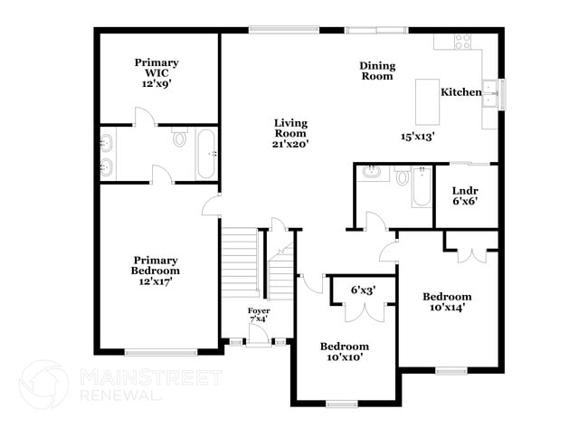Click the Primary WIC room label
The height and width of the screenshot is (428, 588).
point(156,72)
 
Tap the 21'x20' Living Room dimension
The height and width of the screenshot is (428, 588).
point(290,144)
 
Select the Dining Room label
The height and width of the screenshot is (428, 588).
point(377,71)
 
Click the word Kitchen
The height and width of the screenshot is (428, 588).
point(460,92)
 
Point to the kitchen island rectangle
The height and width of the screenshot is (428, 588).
point(427,101)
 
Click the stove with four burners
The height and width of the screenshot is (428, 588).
point(462,42)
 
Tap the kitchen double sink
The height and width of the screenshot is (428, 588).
point(489,94)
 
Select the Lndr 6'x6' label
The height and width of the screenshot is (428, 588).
point(465,195)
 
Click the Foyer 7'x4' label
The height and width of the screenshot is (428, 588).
point(259,315)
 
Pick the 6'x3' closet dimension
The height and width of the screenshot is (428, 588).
point(363,290)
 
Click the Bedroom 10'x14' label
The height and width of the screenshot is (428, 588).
point(447,302)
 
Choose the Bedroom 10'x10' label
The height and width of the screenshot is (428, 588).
point(345,351)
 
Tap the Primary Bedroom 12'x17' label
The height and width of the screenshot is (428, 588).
point(156,271)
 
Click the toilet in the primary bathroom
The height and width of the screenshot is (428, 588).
point(180,137)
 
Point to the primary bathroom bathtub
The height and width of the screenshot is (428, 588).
point(206,154)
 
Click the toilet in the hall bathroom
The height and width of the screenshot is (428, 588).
point(403,176)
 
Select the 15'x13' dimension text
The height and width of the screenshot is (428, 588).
point(417,136)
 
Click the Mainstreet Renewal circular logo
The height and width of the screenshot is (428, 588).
point(44,385)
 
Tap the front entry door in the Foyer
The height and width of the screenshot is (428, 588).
point(259,335)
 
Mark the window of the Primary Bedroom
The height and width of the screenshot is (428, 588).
point(160,352)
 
